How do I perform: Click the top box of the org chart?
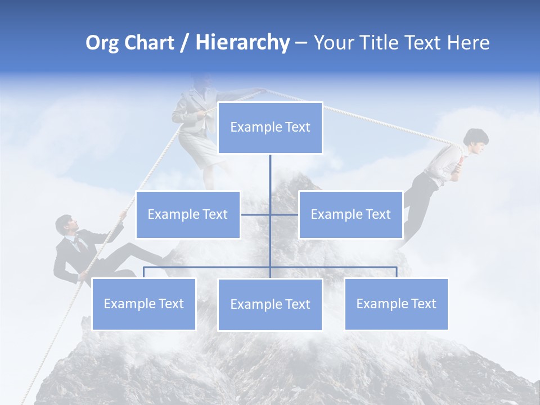pyautogui.click(x=270, y=128)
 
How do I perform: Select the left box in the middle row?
pyautogui.click(x=188, y=214)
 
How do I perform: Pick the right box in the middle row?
pyautogui.click(x=350, y=214)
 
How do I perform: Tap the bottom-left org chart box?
pyautogui.click(x=143, y=304)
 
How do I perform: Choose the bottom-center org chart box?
pyautogui.click(x=270, y=304)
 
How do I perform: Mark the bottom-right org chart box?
pyautogui.click(x=396, y=304)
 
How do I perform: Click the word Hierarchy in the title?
pyautogui.click(x=242, y=43)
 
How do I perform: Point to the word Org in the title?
pyautogui.click(x=102, y=43)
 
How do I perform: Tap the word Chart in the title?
pyautogui.click(x=148, y=43)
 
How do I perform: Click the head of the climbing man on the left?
pyautogui.click(x=65, y=225)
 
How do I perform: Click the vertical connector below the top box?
pyautogui.click(x=270, y=174)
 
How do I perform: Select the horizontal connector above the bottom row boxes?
pyautogui.click(x=225, y=267)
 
